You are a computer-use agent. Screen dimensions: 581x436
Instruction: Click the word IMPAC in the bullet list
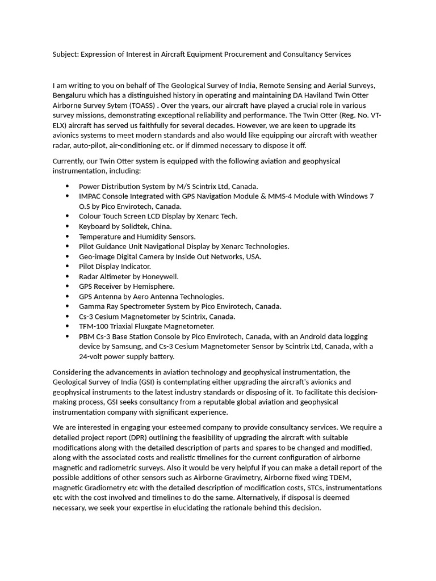point(91,196)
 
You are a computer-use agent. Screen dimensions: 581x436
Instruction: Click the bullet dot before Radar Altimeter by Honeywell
point(68,276)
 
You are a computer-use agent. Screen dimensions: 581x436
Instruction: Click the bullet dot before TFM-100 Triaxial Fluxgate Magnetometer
point(68,326)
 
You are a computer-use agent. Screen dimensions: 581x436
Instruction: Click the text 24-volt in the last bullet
point(91,357)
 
